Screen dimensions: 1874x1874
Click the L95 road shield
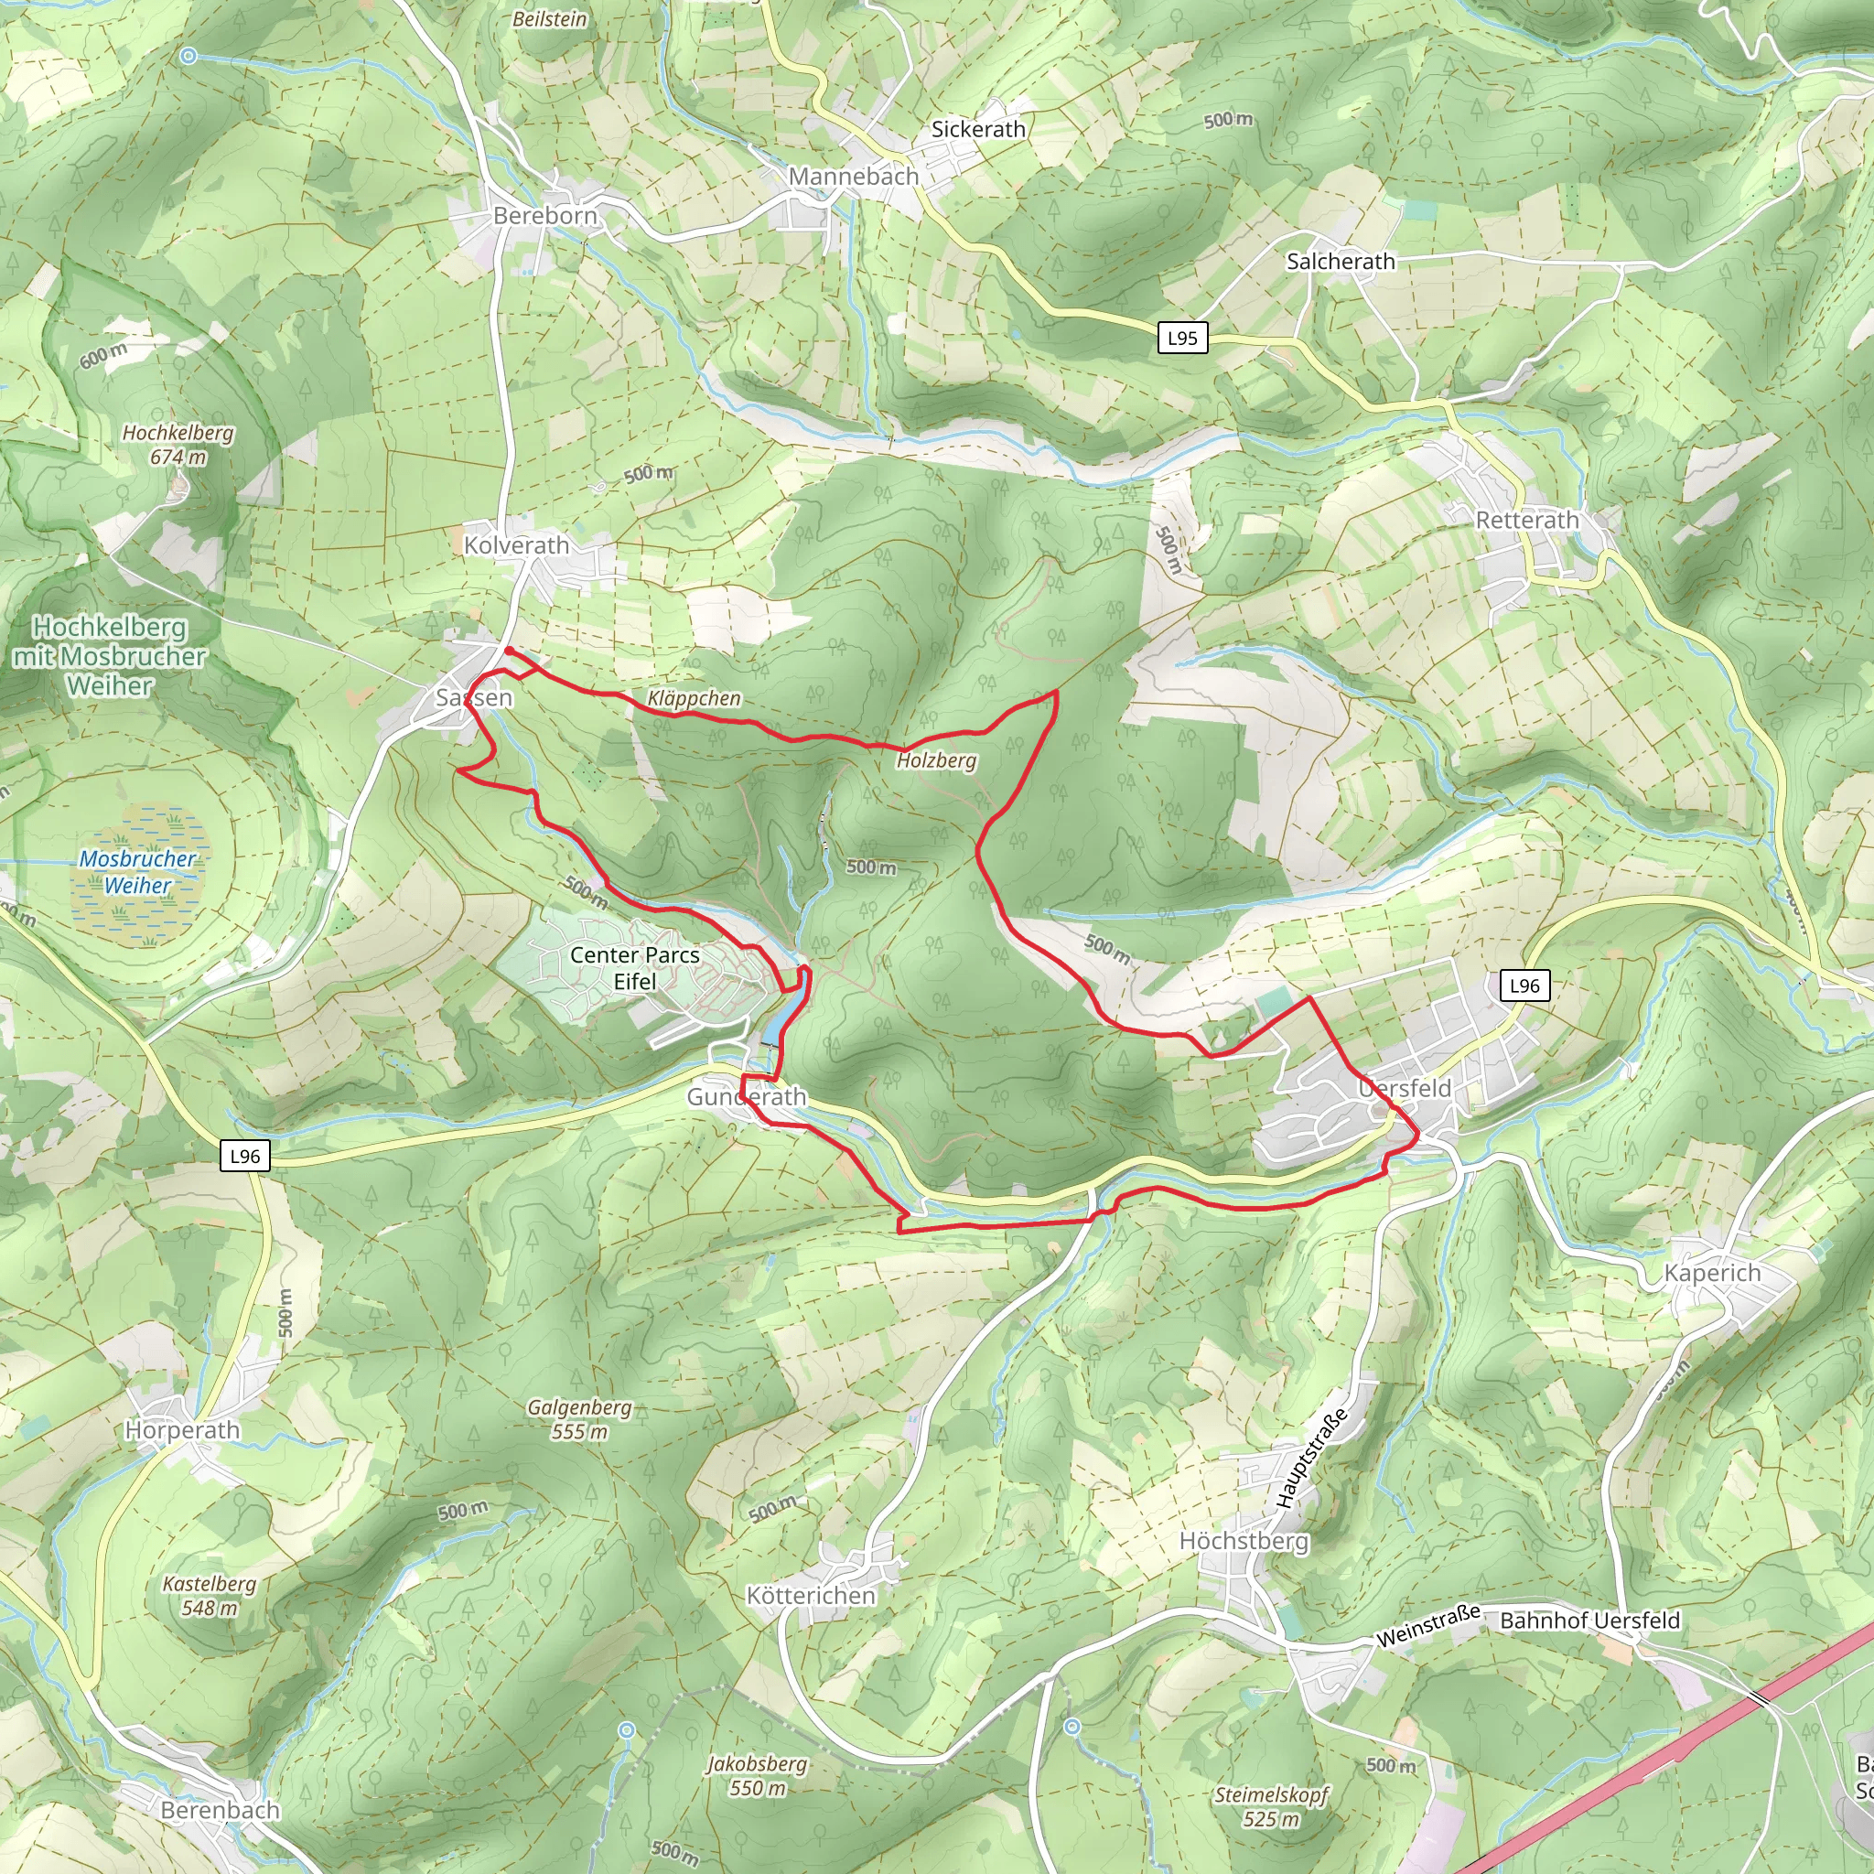(1182, 338)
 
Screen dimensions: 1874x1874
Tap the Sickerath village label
(978, 129)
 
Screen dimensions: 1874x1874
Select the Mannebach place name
(853, 177)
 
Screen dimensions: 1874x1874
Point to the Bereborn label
(545, 215)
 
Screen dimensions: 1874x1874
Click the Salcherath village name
(1341, 261)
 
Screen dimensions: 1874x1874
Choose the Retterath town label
(1527, 520)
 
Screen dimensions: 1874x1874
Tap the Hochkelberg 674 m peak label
(178, 444)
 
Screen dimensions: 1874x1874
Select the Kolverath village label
(516, 545)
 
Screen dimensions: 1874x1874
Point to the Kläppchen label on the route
(694, 698)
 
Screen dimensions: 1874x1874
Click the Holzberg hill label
(936, 760)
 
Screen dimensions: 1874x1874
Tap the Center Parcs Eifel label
(634, 968)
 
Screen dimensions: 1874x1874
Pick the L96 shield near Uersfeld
(1524, 985)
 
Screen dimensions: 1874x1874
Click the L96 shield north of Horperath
(244, 1157)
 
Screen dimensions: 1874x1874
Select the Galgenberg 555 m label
(579, 1419)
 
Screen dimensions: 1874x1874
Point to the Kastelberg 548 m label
(209, 1596)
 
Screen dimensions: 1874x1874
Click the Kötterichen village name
(810, 1596)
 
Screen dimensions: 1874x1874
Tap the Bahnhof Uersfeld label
(1589, 1620)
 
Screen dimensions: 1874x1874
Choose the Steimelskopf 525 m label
(1271, 1807)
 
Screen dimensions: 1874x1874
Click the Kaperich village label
(1712, 1274)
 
